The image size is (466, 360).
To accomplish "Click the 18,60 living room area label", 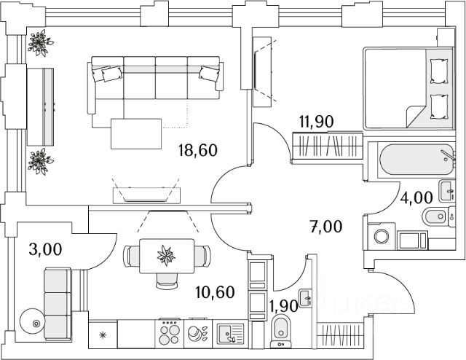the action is (198, 150).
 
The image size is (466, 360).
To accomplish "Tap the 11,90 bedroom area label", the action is (317, 122).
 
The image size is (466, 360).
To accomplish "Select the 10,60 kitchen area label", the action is (216, 292).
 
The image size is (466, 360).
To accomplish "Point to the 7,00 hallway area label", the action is (326, 227).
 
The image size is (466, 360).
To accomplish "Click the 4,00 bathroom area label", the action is (416, 197).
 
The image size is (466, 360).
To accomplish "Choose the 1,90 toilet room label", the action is (283, 306).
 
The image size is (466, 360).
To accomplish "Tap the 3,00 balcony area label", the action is (45, 249).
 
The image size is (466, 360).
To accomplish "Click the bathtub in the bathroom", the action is (416, 160).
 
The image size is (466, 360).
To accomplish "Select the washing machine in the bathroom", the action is (382, 236).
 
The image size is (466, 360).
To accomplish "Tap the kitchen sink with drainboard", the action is (230, 333).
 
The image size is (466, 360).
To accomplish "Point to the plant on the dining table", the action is (166, 256).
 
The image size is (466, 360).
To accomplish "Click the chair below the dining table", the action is (167, 281).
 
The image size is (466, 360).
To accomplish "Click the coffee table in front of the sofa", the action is (136, 133).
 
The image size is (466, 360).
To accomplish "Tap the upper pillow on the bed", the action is (439, 71).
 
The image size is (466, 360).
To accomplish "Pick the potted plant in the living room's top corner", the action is (39, 43).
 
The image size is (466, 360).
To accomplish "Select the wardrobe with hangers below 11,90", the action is (328, 146).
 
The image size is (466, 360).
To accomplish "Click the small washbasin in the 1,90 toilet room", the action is (305, 298).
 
